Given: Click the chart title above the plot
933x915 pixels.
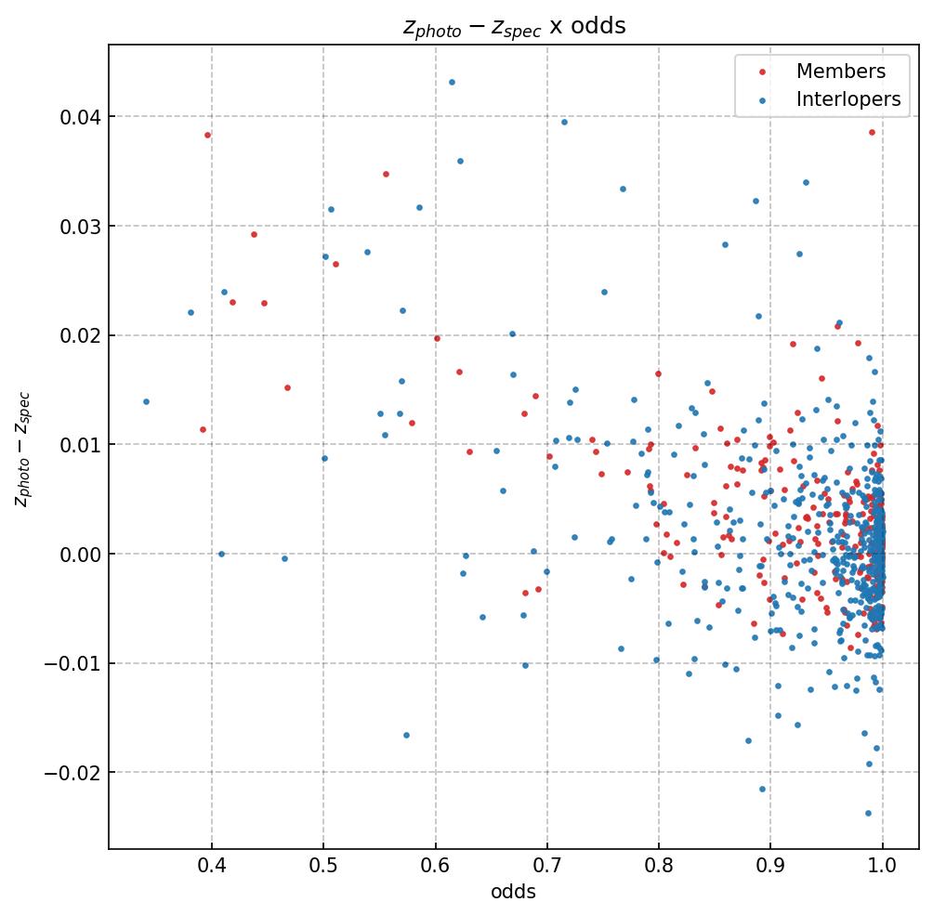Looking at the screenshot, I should click(514, 26).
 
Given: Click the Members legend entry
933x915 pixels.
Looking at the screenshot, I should click(840, 72).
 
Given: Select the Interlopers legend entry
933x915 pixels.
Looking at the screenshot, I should click(848, 100).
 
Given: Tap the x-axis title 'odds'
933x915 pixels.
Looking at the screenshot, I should click(513, 892).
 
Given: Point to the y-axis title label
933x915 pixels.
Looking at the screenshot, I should click(22, 449).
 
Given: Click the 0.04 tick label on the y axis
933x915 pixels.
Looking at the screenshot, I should click(79, 117).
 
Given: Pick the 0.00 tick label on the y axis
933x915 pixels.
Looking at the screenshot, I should click(79, 555).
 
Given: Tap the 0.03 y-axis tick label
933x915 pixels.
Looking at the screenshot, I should click(79, 227).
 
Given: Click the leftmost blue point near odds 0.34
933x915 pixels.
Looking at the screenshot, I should click(146, 401).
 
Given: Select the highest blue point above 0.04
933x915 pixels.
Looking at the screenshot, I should click(452, 82).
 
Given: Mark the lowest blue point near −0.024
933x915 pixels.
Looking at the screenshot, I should click(868, 813).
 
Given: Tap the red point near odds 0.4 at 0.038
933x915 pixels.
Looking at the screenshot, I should click(207, 135).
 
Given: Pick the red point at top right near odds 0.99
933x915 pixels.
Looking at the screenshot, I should click(872, 132).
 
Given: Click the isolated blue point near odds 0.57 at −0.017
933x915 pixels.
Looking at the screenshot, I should click(406, 735).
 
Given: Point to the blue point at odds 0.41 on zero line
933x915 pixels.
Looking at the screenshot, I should click(221, 554).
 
